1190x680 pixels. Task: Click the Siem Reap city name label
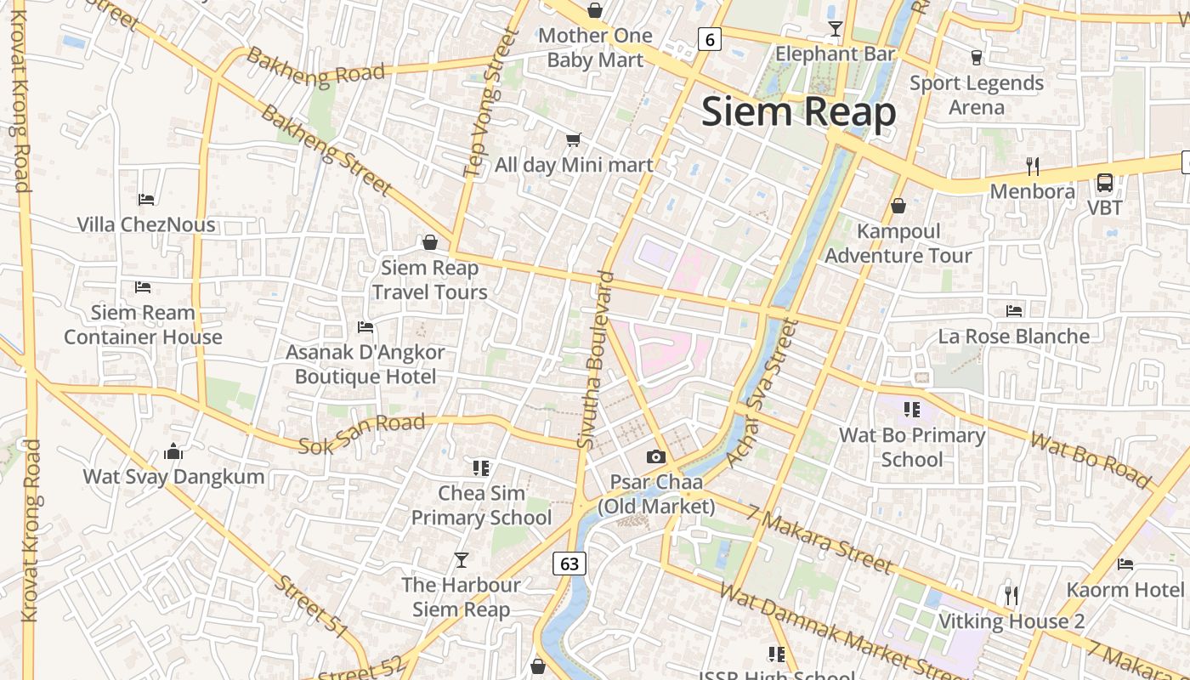point(798,112)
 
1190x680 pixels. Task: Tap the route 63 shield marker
point(569,563)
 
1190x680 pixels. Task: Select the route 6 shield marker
point(710,38)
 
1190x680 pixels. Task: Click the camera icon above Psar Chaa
point(655,456)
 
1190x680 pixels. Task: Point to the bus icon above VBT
point(1104,182)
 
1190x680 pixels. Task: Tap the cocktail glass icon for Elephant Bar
point(836,30)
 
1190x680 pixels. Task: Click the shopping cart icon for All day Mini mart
point(574,139)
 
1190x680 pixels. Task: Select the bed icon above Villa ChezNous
point(146,200)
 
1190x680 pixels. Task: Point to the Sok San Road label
point(362,433)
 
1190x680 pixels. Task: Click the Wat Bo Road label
point(1091,460)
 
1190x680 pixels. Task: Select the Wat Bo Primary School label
point(912,447)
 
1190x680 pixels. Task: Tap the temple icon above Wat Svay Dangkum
point(173,451)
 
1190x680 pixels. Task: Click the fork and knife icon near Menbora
point(1033,165)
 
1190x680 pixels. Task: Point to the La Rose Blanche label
point(1013,337)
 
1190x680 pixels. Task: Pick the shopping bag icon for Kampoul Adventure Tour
point(898,206)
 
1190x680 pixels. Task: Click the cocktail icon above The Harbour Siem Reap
point(461,559)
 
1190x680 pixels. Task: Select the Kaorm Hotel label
point(1125,590)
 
